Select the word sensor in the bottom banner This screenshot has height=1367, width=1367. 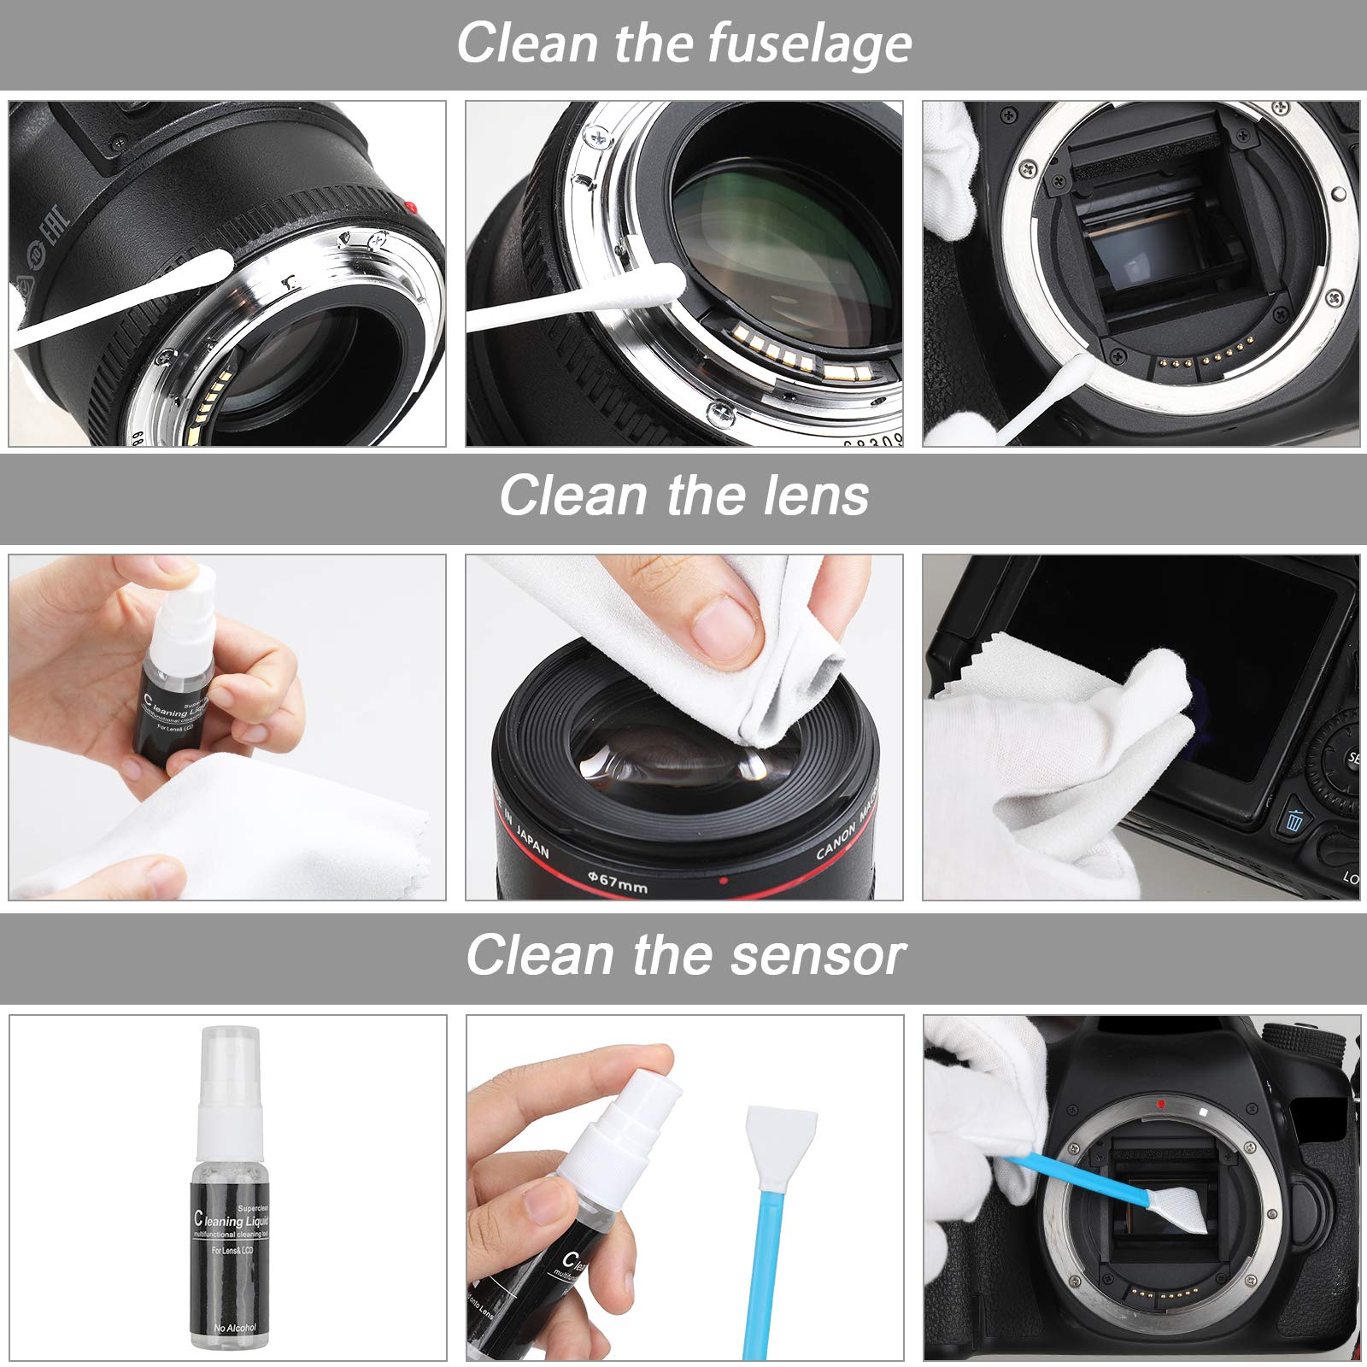point(818,955)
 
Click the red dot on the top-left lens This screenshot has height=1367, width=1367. point(412,208)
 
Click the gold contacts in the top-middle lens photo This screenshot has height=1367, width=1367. point(777,350)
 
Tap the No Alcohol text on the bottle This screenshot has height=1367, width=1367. point(235,1328)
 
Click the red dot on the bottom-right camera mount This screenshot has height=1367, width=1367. point(1161,1103)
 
